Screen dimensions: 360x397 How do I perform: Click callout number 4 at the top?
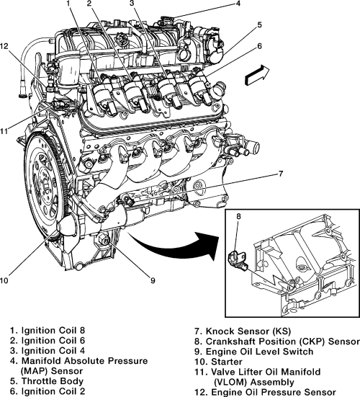click(238, 4)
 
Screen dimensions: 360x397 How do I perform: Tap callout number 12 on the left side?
click(4, 46)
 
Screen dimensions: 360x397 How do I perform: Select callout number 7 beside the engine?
click(281, 174)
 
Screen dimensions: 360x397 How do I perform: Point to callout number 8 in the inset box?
click(238, 216)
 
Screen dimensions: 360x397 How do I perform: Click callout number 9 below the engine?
click(153, 280)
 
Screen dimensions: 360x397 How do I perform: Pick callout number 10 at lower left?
click(4, 280)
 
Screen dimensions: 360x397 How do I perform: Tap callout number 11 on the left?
click(4, 132)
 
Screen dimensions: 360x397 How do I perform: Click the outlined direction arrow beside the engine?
click(257, 75)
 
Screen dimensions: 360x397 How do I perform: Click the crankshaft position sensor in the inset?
click(238, 260)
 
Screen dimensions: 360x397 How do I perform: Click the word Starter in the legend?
click(226, 362)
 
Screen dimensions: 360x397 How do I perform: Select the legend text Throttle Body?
click(53, 381)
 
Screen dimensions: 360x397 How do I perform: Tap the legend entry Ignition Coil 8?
click(53, 331)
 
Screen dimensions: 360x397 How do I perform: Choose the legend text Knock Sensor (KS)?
click(248, 331)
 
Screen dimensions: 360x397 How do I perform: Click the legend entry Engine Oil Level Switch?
click(260, 352)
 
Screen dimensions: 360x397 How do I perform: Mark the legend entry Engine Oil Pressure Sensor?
click(274, 392)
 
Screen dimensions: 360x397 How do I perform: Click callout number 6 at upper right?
click(260, 46)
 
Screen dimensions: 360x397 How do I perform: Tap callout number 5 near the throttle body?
click(260, 25)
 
